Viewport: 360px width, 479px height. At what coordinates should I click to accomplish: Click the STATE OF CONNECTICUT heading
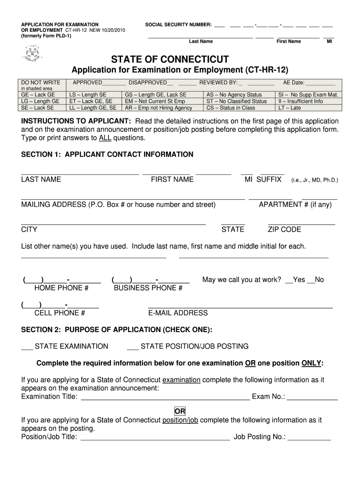[170, 59]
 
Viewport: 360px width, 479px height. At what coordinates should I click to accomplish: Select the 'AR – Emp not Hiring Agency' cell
[158, 108]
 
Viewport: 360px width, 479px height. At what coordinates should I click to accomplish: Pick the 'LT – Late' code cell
[289, 108]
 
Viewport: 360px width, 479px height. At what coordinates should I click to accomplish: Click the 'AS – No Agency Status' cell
[234, 94]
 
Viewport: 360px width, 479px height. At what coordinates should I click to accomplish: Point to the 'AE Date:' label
[294, 83]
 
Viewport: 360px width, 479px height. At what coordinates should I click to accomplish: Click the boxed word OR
[180, 411]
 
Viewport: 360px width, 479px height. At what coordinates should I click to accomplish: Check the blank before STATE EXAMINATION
[27, 347]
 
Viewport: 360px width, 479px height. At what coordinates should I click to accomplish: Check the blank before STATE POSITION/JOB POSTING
[132, 347]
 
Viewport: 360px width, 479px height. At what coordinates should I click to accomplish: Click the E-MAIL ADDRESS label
[178, 313]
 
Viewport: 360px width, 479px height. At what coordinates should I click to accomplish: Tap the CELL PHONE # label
[60, 313]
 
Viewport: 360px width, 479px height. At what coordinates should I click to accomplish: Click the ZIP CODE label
[284, 230]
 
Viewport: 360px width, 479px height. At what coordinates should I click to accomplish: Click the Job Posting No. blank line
[309, 438]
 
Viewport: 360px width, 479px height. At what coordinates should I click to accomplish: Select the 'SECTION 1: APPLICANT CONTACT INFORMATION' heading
[107, 154]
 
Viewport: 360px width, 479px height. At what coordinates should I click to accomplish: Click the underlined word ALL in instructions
[105, 138]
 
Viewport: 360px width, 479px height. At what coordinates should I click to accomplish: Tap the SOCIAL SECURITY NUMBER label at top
[178, 24]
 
